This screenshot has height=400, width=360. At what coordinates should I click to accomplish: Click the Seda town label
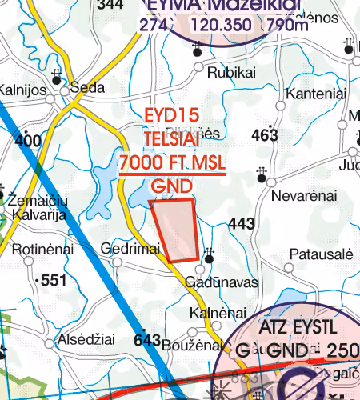pos(84,88)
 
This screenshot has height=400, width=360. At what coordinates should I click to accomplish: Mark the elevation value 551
pos(54,281)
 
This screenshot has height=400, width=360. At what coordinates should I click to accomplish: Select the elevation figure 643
pos(148,340)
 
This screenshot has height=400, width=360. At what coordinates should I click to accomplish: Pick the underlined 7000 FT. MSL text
pos(172,164)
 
